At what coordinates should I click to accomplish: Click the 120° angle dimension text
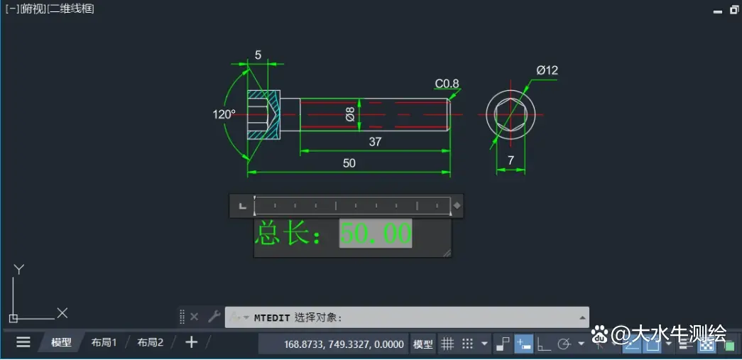coord(224,114)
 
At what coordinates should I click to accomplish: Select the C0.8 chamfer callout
coord(447,84)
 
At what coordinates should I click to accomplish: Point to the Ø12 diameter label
coord(547,70)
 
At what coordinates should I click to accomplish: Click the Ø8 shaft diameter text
coord(350,114)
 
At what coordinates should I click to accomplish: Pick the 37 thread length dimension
coord(375,141)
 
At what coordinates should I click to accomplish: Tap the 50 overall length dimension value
coord(349,163)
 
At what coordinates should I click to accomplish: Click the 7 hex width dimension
coord(511,161)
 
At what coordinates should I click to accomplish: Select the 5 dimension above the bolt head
coord(258,55)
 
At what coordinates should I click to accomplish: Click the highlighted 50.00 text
coord(376,233)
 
